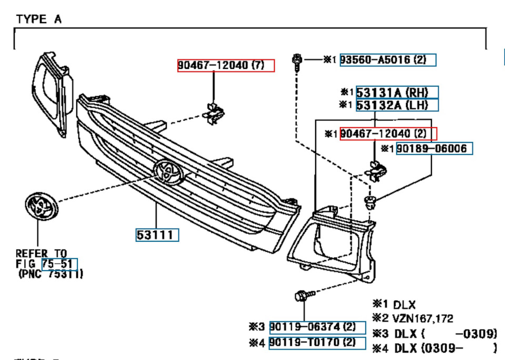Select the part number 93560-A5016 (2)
click(x=388, y=60)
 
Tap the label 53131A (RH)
click(x=397, y=92)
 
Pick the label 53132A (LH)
click(x=397, y=105)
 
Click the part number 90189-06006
click(x=433, y=149)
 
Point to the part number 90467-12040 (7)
click(x=225, y=66)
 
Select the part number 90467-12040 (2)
click(x=388, y=133)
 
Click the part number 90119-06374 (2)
click(x=317, y=327)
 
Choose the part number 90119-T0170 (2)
click(x=317, y=343)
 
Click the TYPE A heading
click(x=38, y=19)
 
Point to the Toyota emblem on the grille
click(x=167, y=173)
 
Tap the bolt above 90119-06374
click(x=301, y=296)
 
